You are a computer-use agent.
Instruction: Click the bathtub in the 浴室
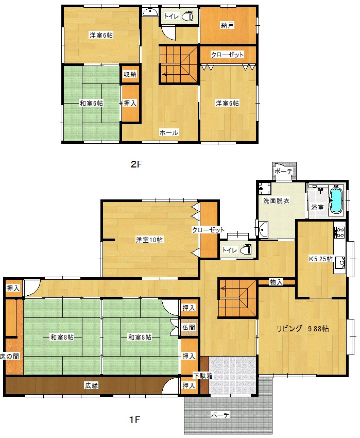coord(336,200)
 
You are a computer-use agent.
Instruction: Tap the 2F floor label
coord(136,164)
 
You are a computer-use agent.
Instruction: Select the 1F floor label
coord(134,419)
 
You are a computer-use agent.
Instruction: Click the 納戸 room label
coord(227,25)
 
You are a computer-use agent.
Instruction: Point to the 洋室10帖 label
coord(149,240)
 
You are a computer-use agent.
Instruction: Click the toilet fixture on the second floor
coord(187,16)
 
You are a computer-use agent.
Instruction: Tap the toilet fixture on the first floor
coord(246,249)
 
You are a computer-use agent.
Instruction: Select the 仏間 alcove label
coord(189,327)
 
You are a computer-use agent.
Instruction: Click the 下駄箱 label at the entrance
coord(203,376)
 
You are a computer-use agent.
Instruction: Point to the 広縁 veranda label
coord(91,385)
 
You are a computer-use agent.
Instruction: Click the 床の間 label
coord(10,356)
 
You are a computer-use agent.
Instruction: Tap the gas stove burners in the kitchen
coord(339,232)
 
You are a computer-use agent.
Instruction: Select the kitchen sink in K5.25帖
coord(340,263)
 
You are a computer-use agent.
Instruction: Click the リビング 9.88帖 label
coord(302,329)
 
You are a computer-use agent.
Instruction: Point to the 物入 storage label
coord(276,282)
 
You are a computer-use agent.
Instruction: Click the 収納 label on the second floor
coord(130,74)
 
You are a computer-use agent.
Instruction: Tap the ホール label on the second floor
coord(169,132)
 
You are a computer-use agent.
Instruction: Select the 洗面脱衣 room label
coord(276,200)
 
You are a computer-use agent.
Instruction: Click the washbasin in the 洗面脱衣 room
coord(263,229)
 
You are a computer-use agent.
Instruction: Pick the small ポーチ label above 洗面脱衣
coord(283,171)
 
